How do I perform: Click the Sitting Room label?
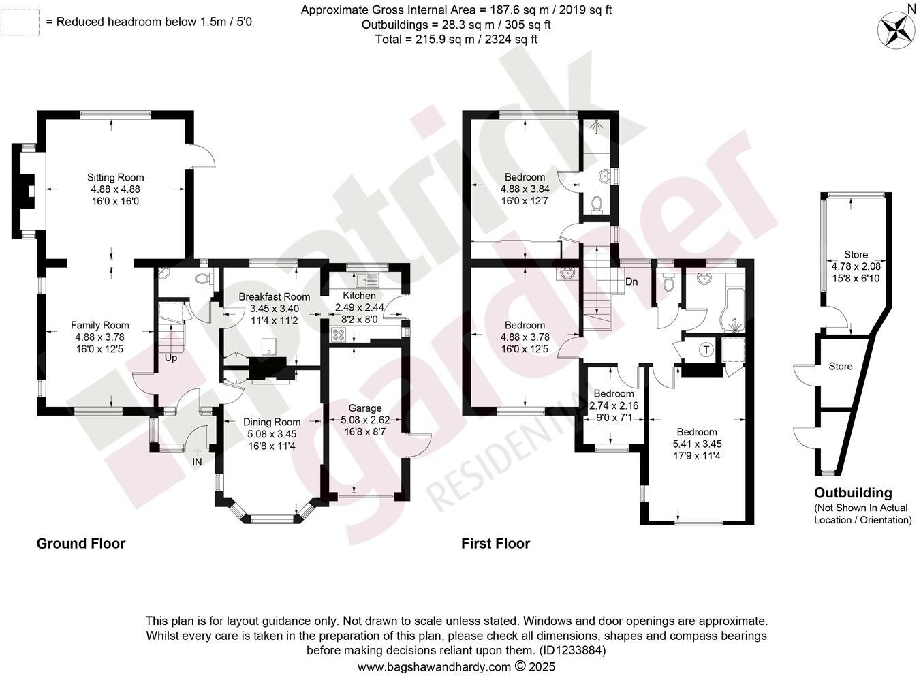[x=115, y=178]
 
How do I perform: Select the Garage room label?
[x=365, y=408]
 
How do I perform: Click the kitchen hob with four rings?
[x=339, y=335]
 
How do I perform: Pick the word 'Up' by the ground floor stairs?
[x=170, y=357]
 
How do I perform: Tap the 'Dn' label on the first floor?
[x=631, y=281]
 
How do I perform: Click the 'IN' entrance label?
[x=198, y=462]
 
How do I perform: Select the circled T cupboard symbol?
[x=706, y=350]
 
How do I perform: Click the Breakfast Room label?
[x=274, y=297]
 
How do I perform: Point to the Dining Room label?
[x=272, y=422]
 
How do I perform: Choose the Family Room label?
[x=100, y=325]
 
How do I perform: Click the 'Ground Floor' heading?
[x=80, y=543]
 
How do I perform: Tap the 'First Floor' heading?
[x=495, y=543]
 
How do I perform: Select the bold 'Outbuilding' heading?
[x=853, y=493]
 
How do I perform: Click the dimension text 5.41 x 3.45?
[x=697, y=444]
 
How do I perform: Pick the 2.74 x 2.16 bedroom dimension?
[x=614, y=405]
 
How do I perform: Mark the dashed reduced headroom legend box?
[x=19, y=22]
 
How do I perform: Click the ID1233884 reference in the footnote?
[x=572, y=650]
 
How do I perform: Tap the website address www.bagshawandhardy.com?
[x=434, y=666]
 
